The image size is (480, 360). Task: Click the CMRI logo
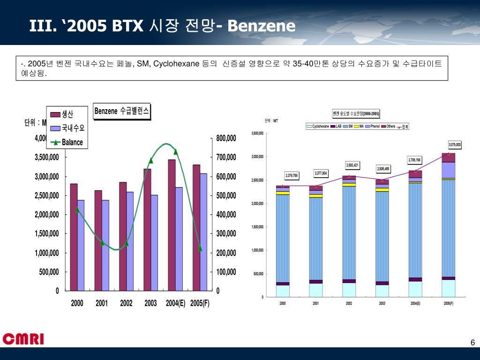pos(23,338)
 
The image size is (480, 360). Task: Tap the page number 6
pos(472,343)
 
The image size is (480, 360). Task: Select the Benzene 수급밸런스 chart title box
pos(122,111)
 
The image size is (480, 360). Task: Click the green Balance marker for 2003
pos(151,160)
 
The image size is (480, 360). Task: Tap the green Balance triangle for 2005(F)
pos(200,248)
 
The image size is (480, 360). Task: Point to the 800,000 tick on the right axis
pos(226,138)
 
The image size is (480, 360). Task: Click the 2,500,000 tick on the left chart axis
pos(47,195)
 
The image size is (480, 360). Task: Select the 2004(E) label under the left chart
pos(175,303)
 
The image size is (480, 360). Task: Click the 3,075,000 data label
pos(455,145)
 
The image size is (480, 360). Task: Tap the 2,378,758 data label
pos(292,175)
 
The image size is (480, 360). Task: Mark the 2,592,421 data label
pos(352,165)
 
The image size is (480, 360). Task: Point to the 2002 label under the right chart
pos(349,304)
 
